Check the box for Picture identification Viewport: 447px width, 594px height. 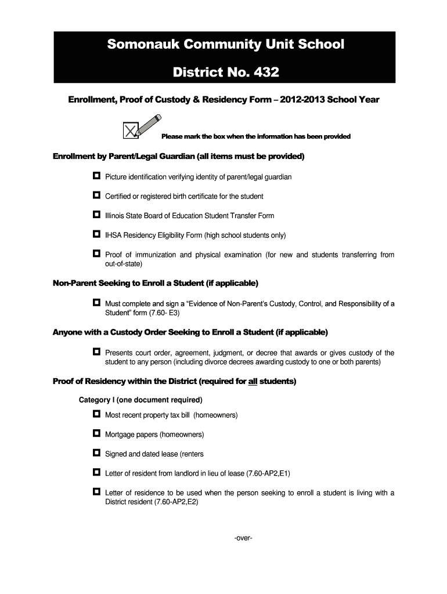click(96, 176)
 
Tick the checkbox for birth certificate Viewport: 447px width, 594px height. click(96, 195)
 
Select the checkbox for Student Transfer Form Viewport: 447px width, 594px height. click(96, 215)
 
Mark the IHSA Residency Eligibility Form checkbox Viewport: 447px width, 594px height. click(96, 235)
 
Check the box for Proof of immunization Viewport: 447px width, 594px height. click(96, 254)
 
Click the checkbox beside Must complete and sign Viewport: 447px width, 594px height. click(96, 303)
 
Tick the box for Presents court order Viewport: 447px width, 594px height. click(96, 352)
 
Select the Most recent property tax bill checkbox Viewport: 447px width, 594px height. click(96, 414)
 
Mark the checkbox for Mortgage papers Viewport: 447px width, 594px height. click(96, 434)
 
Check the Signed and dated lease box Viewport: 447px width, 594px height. click(96, 453)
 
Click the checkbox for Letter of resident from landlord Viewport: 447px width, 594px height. click(96, 473)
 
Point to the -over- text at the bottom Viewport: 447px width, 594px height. click(243, 538)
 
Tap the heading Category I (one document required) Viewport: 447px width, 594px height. click(140, 400)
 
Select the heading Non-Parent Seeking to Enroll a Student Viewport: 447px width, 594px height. click(156, 284)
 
